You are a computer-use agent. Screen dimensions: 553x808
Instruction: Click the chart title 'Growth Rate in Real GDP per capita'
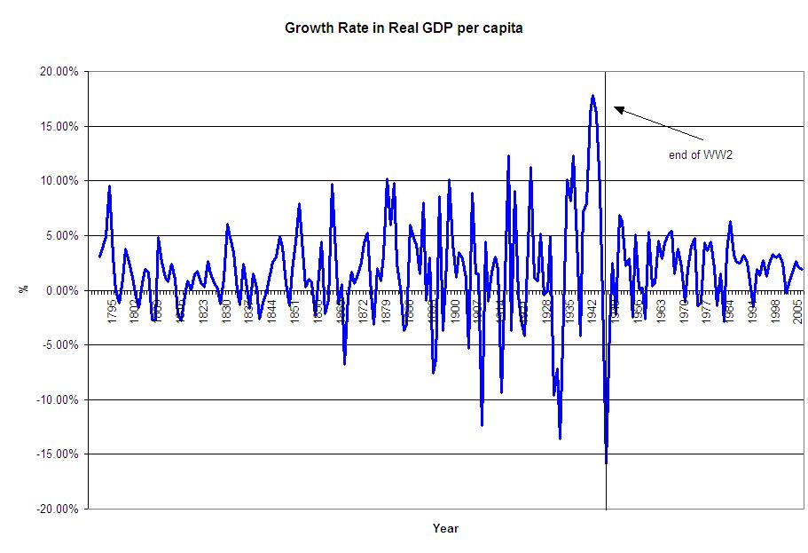coord(404,28)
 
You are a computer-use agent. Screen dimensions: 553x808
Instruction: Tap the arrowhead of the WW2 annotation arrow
coord(617,108)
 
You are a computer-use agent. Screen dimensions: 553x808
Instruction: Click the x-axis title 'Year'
coord(445,529)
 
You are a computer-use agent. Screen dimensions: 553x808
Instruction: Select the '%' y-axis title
coord(23,290)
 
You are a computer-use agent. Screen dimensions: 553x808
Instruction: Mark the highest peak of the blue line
coord(592,96)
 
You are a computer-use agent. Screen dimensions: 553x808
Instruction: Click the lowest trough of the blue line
coord(607,462)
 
